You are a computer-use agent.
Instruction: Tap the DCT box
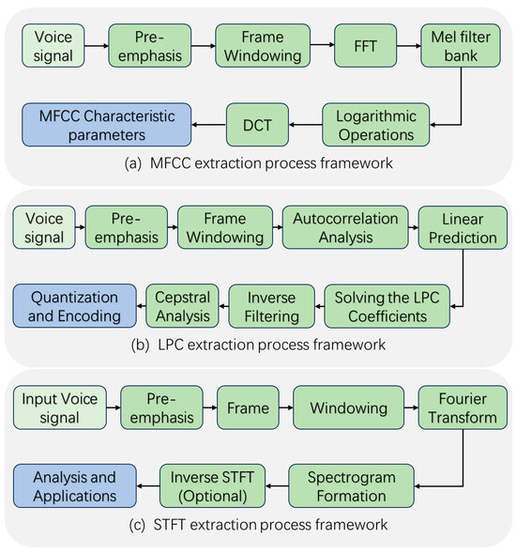[x=258, y=124]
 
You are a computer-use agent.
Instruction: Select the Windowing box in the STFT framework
[x=343, y=408]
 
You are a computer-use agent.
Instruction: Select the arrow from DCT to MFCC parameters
[x=208, y=124]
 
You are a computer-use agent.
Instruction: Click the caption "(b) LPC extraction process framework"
[x=257, y=345]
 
